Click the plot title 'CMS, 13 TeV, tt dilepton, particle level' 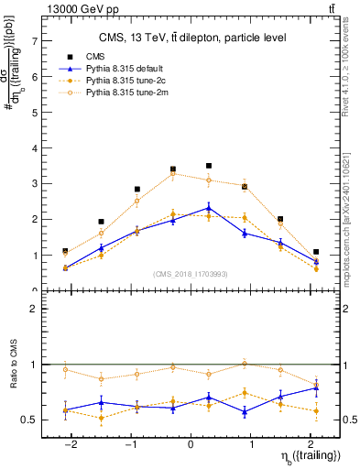pyautogui.click(x=191, y=38)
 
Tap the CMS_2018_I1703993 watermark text pyautogui.click(x=191, y=273)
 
